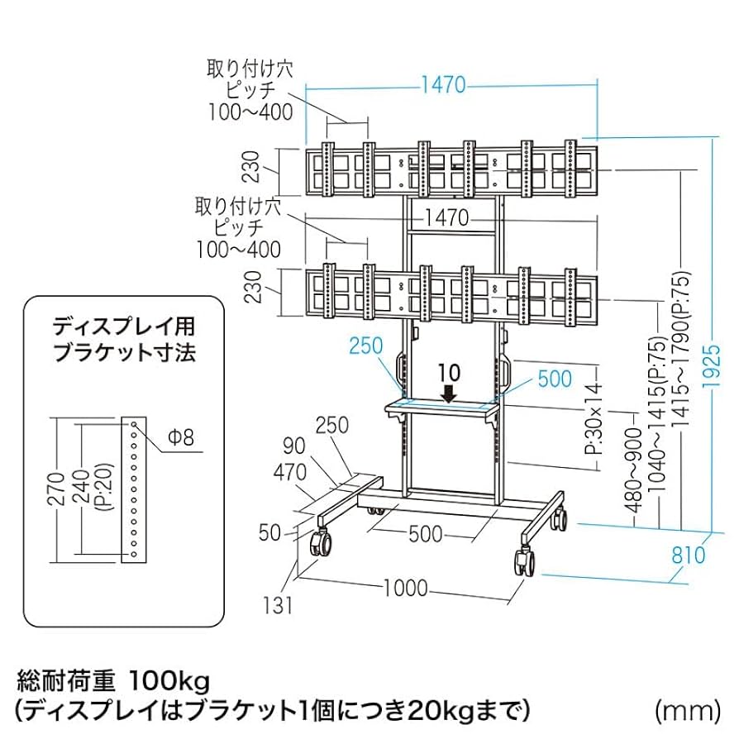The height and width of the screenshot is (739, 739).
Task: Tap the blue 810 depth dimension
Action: (689, 554)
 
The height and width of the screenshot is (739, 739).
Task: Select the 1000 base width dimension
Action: (405, 588)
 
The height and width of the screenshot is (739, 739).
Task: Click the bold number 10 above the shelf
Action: (449, 369)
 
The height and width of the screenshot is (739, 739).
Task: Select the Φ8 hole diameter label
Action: (180, 436)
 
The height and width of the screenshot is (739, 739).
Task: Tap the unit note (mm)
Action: (683, 708)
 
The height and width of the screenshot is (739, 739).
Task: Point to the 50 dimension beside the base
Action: (270, 533)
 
